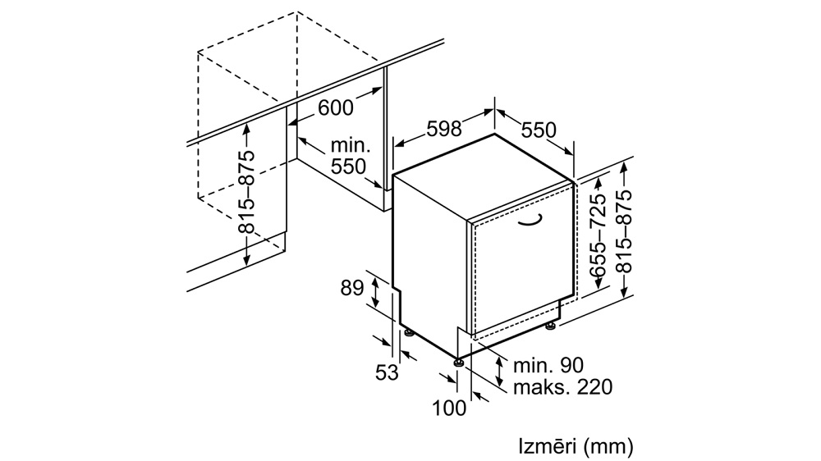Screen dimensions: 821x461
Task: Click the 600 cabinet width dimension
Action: [336, 107]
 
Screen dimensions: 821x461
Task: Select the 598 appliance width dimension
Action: [444, 129]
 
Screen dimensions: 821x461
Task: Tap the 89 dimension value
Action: [352, 288]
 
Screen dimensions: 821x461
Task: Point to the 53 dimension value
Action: [387, 372]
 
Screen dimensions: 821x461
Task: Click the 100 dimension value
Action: [449, 409]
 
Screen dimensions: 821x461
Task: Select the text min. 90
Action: [548, 365]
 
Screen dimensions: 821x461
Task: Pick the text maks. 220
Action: [563, 387]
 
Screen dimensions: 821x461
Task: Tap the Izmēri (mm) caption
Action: [576, 447]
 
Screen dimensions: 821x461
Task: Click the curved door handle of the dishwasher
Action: [530, 221]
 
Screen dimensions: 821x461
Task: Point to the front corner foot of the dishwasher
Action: [459, 362]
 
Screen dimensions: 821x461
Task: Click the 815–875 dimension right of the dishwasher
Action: [623, 231]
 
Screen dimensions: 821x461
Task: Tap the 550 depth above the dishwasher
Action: [539, 130]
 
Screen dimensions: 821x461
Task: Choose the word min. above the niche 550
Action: [351, 146]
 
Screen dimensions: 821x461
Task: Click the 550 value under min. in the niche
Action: [349, 167]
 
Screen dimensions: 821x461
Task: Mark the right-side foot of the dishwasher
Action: [550, 326]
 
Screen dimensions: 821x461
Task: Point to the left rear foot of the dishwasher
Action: [407, 333]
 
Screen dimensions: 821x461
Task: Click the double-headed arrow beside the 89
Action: [376, 293]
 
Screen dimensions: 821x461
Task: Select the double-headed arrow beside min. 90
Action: [501, 371]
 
